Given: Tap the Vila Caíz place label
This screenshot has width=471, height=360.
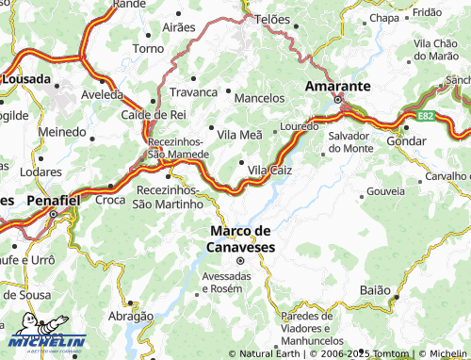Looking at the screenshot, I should pyautogui.click(x=269, y=170).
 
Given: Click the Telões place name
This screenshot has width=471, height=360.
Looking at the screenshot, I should pyautogui.click(x=272, y=19).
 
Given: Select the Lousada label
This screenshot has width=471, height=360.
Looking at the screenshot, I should pyautogui.click(x=25, y=80).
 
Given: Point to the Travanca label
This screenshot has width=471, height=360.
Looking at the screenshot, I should pyautogui.click(x=193, y=92).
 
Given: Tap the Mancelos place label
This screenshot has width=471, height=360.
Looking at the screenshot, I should pyautogui.click(x=258, y=98).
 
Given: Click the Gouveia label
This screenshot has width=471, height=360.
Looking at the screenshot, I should pyautogui.click(x=384, y=191).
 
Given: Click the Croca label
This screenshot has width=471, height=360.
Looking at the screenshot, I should pyautogui.click(x=110, y=200).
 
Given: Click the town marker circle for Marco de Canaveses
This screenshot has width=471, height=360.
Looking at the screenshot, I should pyautogui.click(x=239, y=261).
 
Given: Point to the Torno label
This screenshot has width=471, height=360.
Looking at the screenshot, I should pyautogui.click(x=149, y=48).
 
